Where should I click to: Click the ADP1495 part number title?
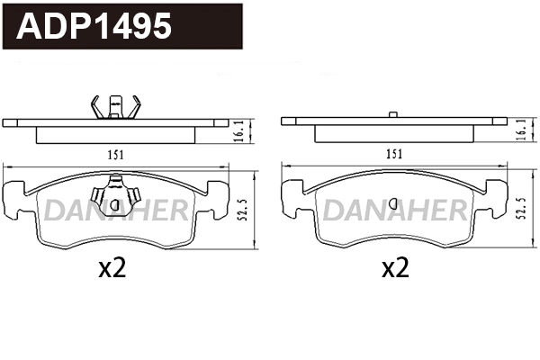pos(94,27)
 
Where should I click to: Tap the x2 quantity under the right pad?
pos(395,267)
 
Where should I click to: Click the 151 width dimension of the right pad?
pos(393,154)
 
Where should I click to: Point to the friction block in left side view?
pos(116,135)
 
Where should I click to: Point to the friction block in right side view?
pos(393,135)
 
